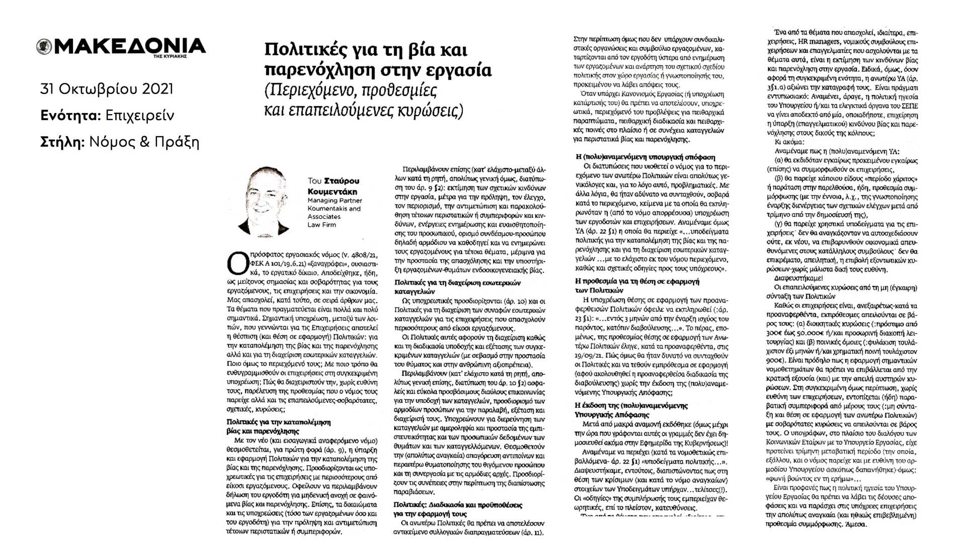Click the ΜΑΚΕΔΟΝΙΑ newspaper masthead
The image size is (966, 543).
click(130, 46)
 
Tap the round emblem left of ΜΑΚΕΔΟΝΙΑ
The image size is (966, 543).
click(44, 47)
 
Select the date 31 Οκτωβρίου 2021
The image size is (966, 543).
click(107, 89)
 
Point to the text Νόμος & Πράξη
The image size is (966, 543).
click(144, 142)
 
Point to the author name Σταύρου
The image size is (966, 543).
click(342, 181)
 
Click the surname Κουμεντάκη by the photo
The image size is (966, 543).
click(333, 192)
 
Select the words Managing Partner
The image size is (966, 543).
click(335, 201)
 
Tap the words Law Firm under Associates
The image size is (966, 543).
click(321, 225)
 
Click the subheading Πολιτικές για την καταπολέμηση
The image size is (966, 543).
click(278, 422)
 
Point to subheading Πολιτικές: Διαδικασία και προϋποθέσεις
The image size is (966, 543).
click(457, 505)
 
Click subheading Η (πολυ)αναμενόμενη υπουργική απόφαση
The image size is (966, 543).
click(645, 157)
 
